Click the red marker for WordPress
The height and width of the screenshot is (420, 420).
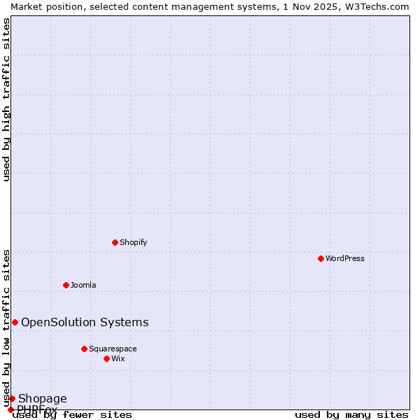click(x=321, y=258)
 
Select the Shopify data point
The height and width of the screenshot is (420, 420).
click(x=115, y=242)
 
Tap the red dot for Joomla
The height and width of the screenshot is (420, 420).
click(x=66, y=285)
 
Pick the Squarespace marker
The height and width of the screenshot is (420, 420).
click(x=84, y=349)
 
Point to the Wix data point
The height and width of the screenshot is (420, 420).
click(x=106, y=358)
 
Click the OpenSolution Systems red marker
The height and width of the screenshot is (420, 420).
click(x=15, y=322)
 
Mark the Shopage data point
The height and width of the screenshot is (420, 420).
click(x=12, y=398)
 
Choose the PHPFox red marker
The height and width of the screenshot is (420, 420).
click(x=10, y=409)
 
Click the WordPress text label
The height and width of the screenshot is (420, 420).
click(x=345, y=258)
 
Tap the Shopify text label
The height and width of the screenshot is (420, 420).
click(x=133, y=242)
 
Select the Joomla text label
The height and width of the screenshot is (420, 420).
click(x=83, y=285)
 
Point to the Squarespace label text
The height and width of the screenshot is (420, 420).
click(x=113, y=349)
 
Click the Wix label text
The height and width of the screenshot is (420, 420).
click(x=118, y=358)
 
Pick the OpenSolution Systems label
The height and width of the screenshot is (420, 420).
click(x=85, y=322)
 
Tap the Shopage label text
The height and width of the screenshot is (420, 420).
click(x=42, y=399)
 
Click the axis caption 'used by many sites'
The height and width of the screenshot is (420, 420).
click(x=351, y=414)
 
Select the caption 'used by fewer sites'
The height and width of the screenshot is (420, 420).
click(x=73, y=414)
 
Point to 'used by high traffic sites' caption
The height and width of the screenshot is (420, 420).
click(x=6, y=99)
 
